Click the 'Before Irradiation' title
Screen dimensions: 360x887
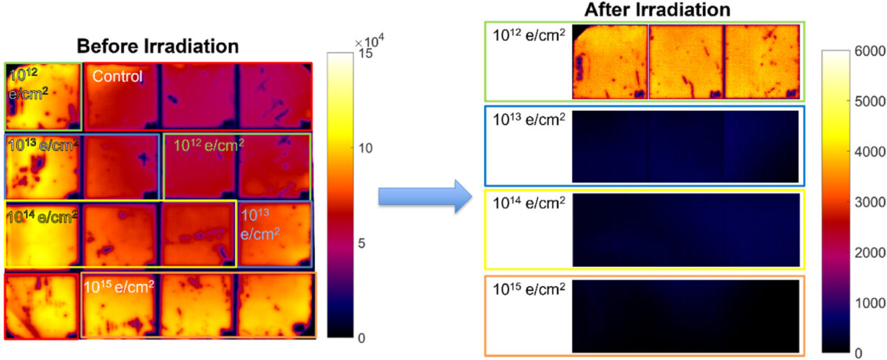click(x=157, y=46)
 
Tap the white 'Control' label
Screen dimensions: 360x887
click(x=117, y=75)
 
